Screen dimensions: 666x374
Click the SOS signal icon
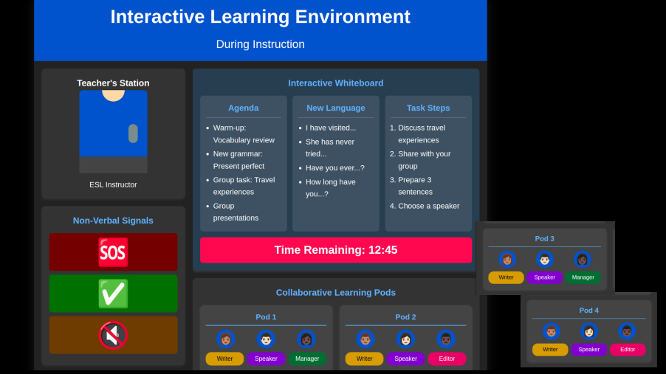click(113, 252)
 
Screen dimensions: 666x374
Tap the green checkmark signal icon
click(113, 294)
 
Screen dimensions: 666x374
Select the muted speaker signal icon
click(113, 335)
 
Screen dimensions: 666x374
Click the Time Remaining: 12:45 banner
click(336, 250)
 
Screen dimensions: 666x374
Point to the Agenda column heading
click(244, 108)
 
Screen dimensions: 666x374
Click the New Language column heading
click(335, 108)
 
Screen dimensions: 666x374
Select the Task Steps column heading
click(428, 108)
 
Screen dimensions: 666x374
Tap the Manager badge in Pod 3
click(583, 277)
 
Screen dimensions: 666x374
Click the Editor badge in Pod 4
click(628, 350)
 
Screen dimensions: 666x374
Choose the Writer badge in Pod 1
click(224, 359)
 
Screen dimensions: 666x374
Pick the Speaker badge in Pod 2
click(405, 359)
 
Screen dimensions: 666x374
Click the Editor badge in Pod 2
click(447, 359)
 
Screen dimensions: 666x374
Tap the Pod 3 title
click(544, 238)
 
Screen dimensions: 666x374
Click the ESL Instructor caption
click(113, 184)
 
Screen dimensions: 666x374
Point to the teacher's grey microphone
click(133, 134)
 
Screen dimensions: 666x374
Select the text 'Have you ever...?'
click(334, 167)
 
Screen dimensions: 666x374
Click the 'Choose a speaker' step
click(428, 206)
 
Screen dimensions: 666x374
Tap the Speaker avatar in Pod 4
click(588, 331)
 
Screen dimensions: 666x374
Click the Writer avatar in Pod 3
click(507, 259)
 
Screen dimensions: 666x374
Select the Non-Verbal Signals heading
click(113, 221)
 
